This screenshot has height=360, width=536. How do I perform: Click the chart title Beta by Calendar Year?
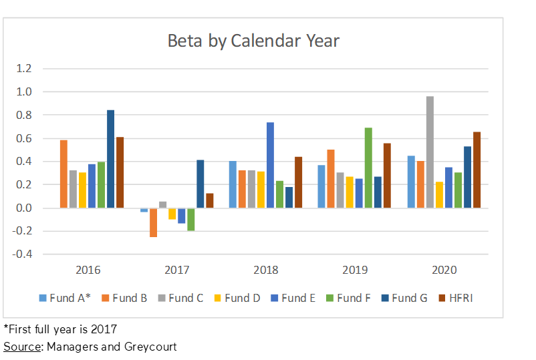[x=253, y=41]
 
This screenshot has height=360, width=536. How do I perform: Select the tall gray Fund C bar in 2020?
[x=430, y=152]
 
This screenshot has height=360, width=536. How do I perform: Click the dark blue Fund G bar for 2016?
[x=110, y=159]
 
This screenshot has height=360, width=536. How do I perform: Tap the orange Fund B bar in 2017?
[x=154, y=222]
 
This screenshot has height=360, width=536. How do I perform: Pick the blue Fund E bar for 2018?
[x=270, y=165]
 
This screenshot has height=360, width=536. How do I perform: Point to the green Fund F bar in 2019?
[x=368, y=168]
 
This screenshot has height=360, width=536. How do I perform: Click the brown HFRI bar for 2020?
[x=477, y=170]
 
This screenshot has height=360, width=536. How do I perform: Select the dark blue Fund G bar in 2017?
[x=200, y=184]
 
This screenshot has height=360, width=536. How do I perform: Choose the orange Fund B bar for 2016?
[x=63, y=174]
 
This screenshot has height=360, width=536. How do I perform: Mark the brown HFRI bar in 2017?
[x=209, y=200]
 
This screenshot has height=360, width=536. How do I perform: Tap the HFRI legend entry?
[x=456, y=299]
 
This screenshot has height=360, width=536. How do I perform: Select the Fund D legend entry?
[x=237, y=299]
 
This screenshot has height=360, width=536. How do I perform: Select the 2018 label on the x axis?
[x=265, y=270]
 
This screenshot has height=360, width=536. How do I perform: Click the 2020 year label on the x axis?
[x=444, y=270]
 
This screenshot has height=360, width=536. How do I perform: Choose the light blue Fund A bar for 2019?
[x=321, y=186]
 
